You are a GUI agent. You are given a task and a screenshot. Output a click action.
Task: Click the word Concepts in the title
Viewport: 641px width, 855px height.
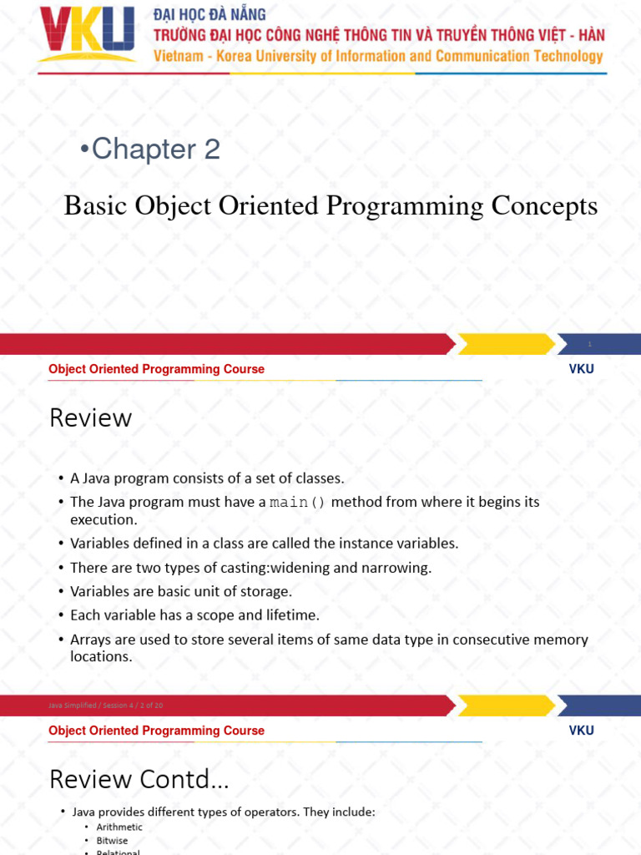[545, 206]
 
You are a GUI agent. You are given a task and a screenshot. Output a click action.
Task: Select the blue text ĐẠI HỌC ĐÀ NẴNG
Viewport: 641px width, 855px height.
[209, 14]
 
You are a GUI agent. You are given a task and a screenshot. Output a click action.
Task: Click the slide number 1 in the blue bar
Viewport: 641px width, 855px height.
[589, 344]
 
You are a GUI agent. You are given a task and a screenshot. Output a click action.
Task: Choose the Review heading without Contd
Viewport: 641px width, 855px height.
[90, 417]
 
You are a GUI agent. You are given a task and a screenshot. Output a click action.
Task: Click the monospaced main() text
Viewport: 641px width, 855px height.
[298, 503]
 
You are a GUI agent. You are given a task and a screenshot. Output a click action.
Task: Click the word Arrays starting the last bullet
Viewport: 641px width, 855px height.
[91, 640]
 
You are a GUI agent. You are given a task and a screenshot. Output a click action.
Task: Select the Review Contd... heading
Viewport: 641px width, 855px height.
[139, 779]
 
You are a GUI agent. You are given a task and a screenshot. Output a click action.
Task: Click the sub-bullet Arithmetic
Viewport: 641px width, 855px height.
[119, 827]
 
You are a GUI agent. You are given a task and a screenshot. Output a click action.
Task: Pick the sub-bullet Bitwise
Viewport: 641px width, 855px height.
[113, 841]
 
